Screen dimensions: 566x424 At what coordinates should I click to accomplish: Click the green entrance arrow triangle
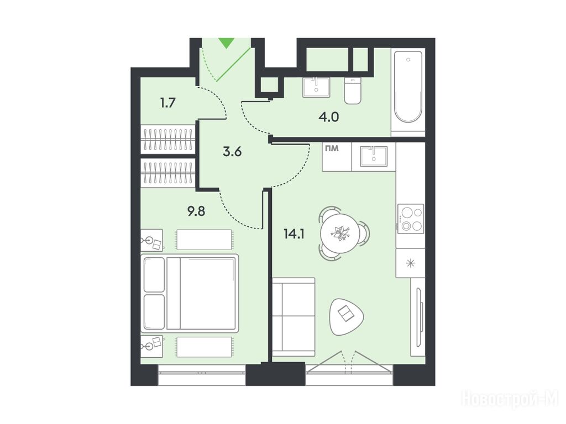tap(227, 43)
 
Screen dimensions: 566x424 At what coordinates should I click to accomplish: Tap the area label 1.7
tap(168, 103)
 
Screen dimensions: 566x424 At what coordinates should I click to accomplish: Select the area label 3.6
tap(232, 152)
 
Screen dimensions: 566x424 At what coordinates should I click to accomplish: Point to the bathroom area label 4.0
tap(329, 117)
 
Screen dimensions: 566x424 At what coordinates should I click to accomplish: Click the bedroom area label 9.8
tap(196, 211)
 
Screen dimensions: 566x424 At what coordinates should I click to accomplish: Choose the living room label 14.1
tap(294, 234)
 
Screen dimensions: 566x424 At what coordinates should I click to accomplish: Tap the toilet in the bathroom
tap(352, 91)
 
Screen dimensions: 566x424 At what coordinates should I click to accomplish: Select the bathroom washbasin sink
tap(316, 87)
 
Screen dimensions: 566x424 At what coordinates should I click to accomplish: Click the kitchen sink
tap(374, 156)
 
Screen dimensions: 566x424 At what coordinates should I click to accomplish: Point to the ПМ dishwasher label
tap(332, 148)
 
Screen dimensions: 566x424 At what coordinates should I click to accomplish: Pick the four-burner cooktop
tap(411, 219)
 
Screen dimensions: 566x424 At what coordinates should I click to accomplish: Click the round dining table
tap(340, 234)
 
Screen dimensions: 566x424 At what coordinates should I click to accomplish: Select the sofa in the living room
tap(294, 317)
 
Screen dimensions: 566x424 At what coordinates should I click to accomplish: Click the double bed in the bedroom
tap(190, 293)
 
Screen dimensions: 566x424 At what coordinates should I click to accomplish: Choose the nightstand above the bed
tap(151, 240)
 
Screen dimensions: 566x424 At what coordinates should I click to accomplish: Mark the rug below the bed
tap(203, 347)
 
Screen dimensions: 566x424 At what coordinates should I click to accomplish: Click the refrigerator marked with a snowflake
tap(411, 263)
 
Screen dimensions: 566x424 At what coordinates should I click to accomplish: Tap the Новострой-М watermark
tap(510, 400)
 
